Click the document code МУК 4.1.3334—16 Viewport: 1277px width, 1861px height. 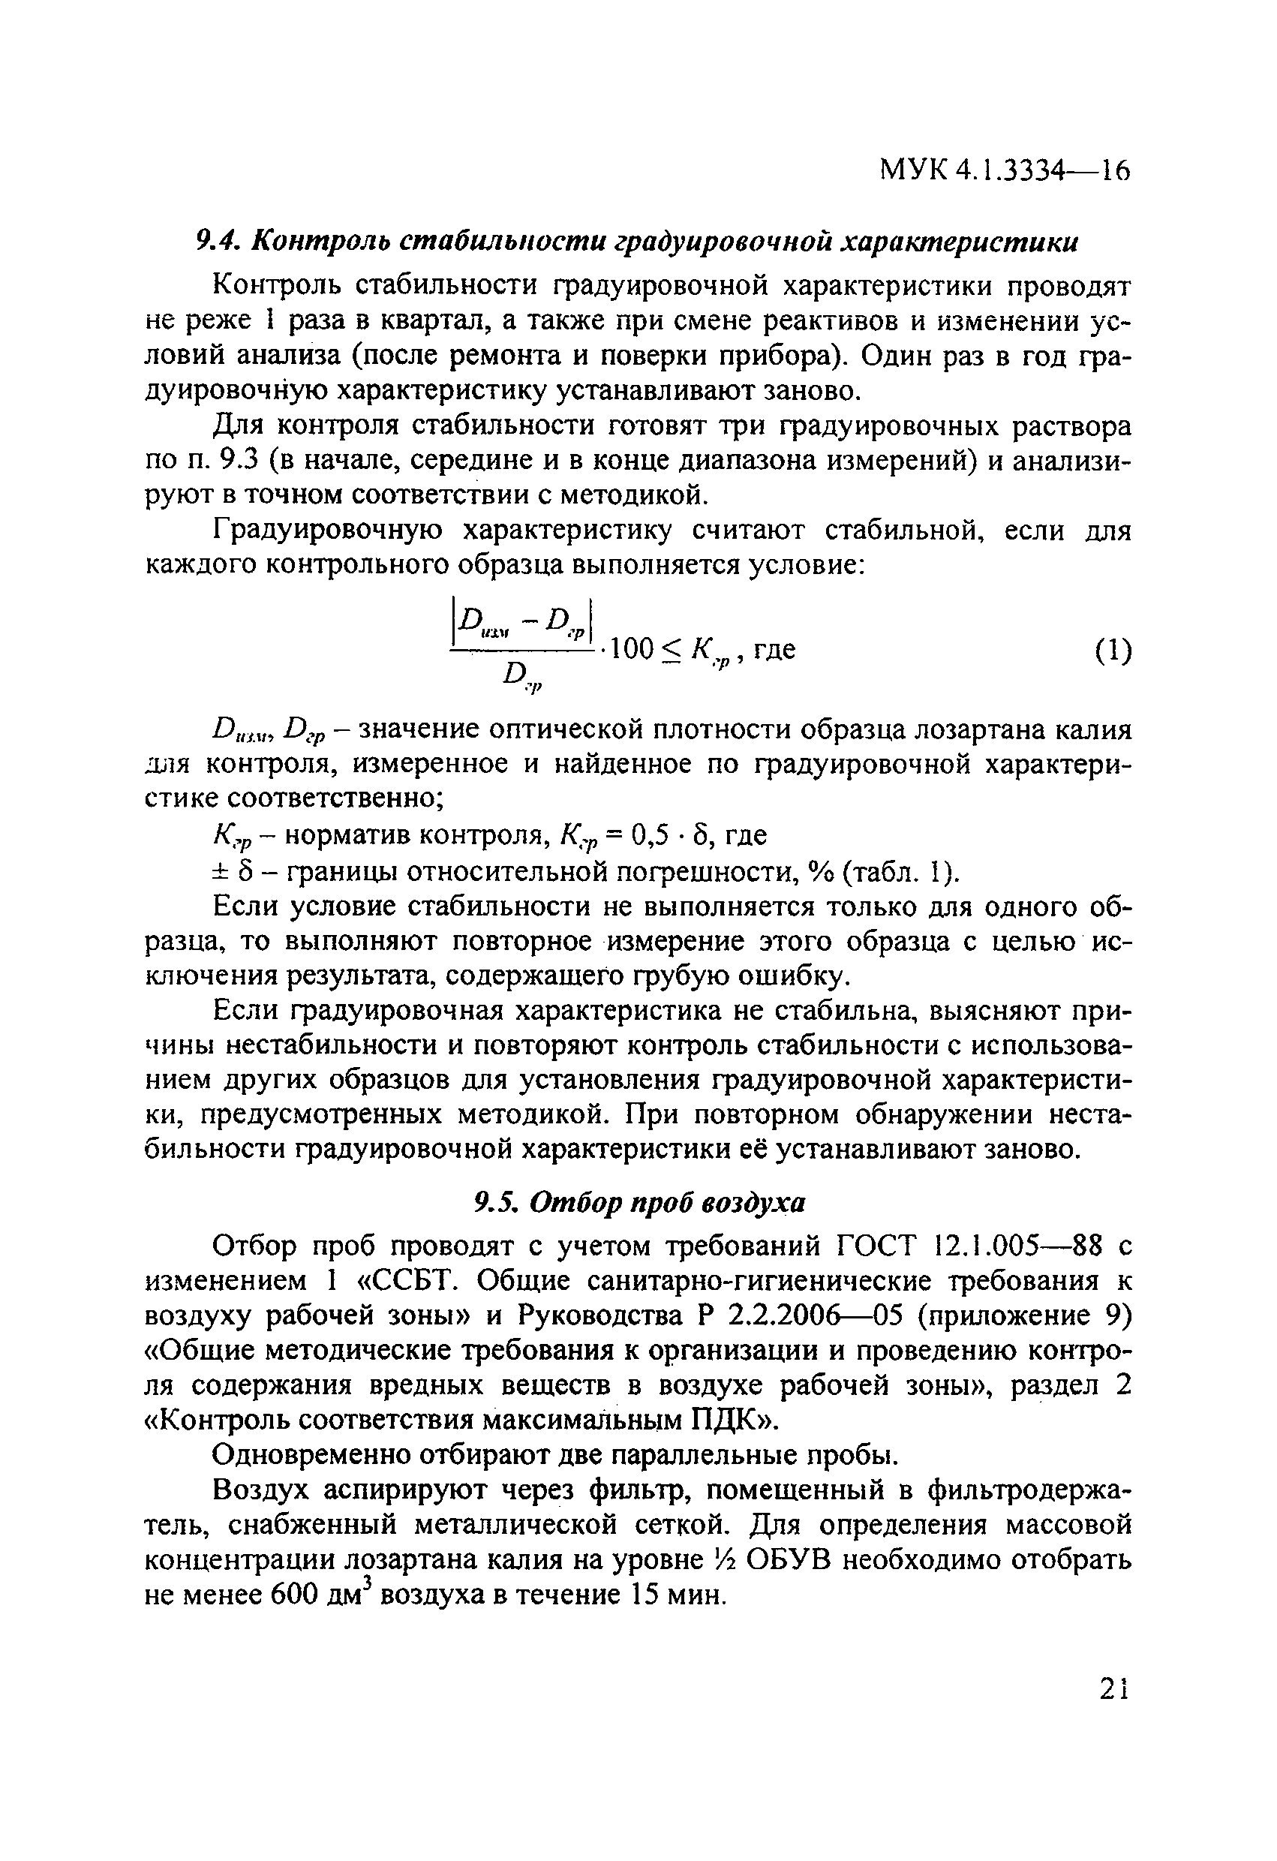(1005, 170)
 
